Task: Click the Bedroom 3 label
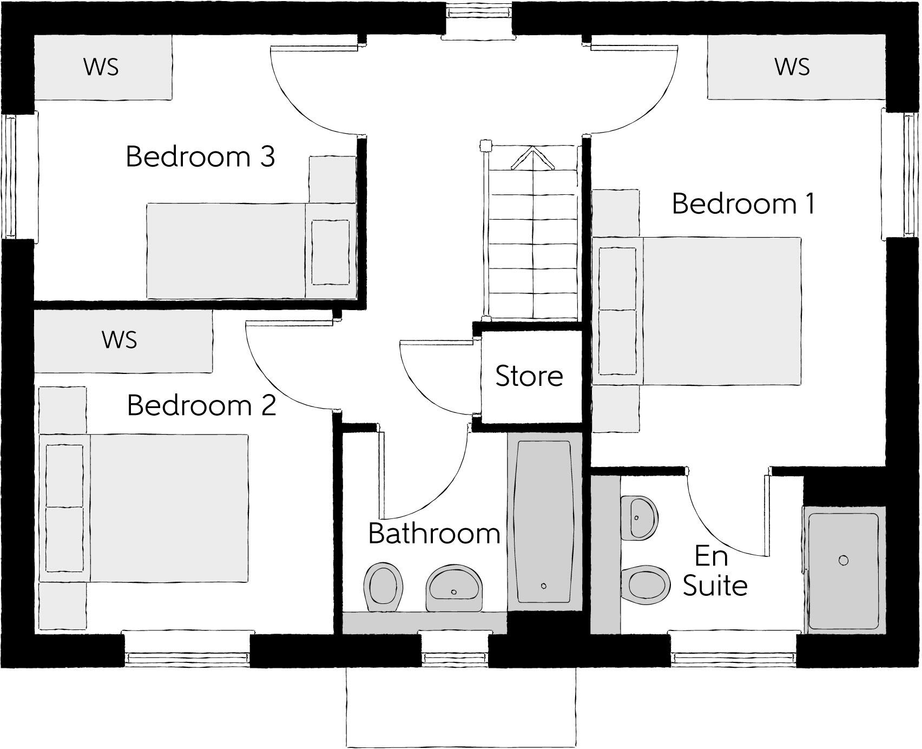pos(200,157)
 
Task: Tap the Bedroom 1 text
pos(743,204)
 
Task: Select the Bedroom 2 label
pos(201,405)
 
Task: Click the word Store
pos(529,376)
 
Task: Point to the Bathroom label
pos(434,534)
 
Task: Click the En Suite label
pos(714,571)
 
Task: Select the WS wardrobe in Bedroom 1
pos(793,67)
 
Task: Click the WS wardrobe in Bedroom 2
pos(120,340)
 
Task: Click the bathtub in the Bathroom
pos(544,522)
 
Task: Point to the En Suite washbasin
pos(639,516)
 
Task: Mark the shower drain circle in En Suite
pos(843,560)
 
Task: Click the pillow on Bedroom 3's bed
pos(330,252)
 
